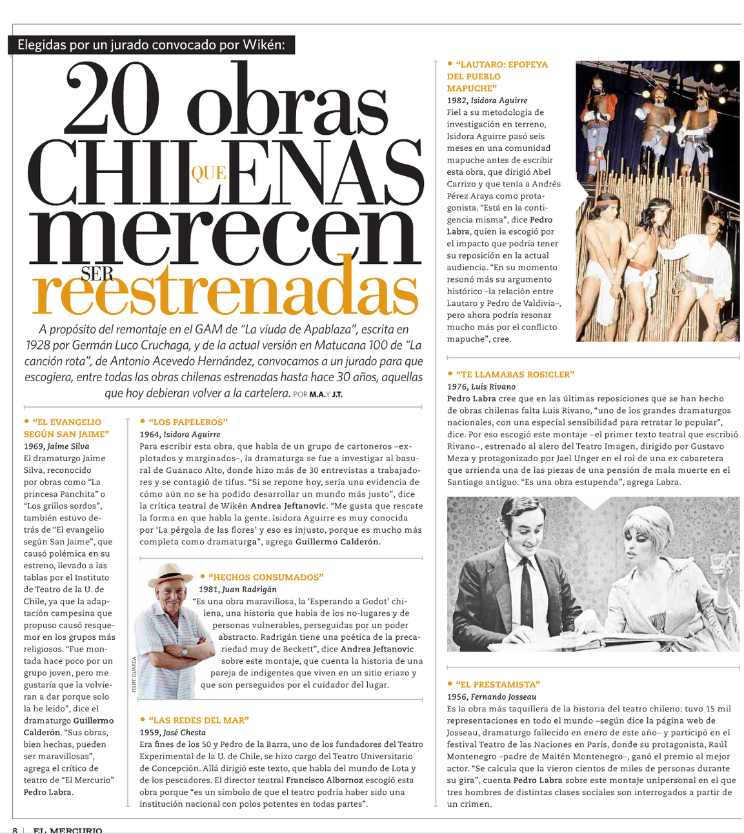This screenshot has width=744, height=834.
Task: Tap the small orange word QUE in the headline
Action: tap(208, 174)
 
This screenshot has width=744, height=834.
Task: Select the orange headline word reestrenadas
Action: tap(226, 293)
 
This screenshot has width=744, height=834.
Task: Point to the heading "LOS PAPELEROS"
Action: tap(188, 422)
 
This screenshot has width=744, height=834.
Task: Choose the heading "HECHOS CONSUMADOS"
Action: tap(266, 577)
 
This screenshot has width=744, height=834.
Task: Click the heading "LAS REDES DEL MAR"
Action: tap(198, 720)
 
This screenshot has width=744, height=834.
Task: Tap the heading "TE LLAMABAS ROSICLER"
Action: tap(514, 374)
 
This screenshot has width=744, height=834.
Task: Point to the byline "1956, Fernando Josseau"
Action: tap(492, 697)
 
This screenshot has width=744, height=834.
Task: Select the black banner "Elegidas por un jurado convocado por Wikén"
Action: tap(152, 45)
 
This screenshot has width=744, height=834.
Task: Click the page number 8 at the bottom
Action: tap(15, 830)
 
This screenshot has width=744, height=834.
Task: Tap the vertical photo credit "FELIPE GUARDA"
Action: tap(134, 675)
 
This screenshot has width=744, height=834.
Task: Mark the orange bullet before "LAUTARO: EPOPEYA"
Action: tap(450, 64)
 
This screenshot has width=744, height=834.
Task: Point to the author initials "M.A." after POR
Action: tap(316, 394)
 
